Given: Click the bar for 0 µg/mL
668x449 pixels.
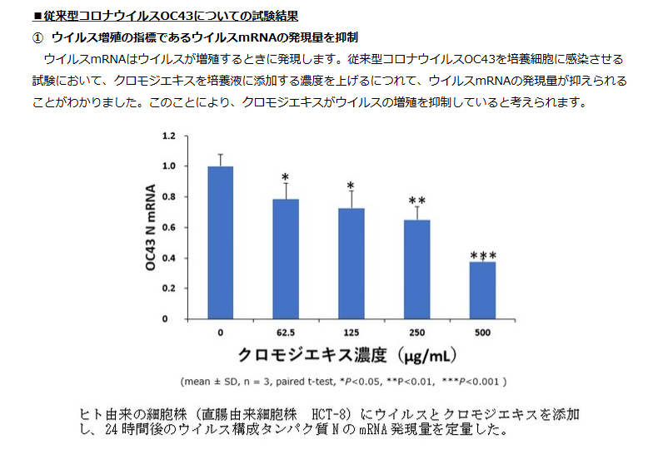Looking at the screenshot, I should [220, 242].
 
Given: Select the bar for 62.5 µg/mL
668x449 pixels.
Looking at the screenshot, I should [286, 259].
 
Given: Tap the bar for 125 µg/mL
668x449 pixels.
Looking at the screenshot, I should [351, 263].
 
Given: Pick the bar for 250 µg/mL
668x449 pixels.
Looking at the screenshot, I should [416, 269].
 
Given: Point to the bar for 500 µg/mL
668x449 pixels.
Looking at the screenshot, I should [482, 289].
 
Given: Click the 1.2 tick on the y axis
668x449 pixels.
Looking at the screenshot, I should [169, 136].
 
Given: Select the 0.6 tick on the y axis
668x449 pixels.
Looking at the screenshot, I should [169, 227].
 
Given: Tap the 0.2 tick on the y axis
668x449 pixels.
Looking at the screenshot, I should [169, 288].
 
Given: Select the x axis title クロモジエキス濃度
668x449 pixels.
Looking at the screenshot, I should [313, 355].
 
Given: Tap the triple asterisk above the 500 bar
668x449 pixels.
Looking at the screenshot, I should [483, 254].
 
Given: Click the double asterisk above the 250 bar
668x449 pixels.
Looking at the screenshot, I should [417, 200].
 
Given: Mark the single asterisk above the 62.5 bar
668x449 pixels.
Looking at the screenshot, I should [286, 177].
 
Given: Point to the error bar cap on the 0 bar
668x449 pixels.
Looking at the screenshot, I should [220, 155].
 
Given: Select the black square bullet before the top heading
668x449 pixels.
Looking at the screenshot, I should [37, 16].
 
